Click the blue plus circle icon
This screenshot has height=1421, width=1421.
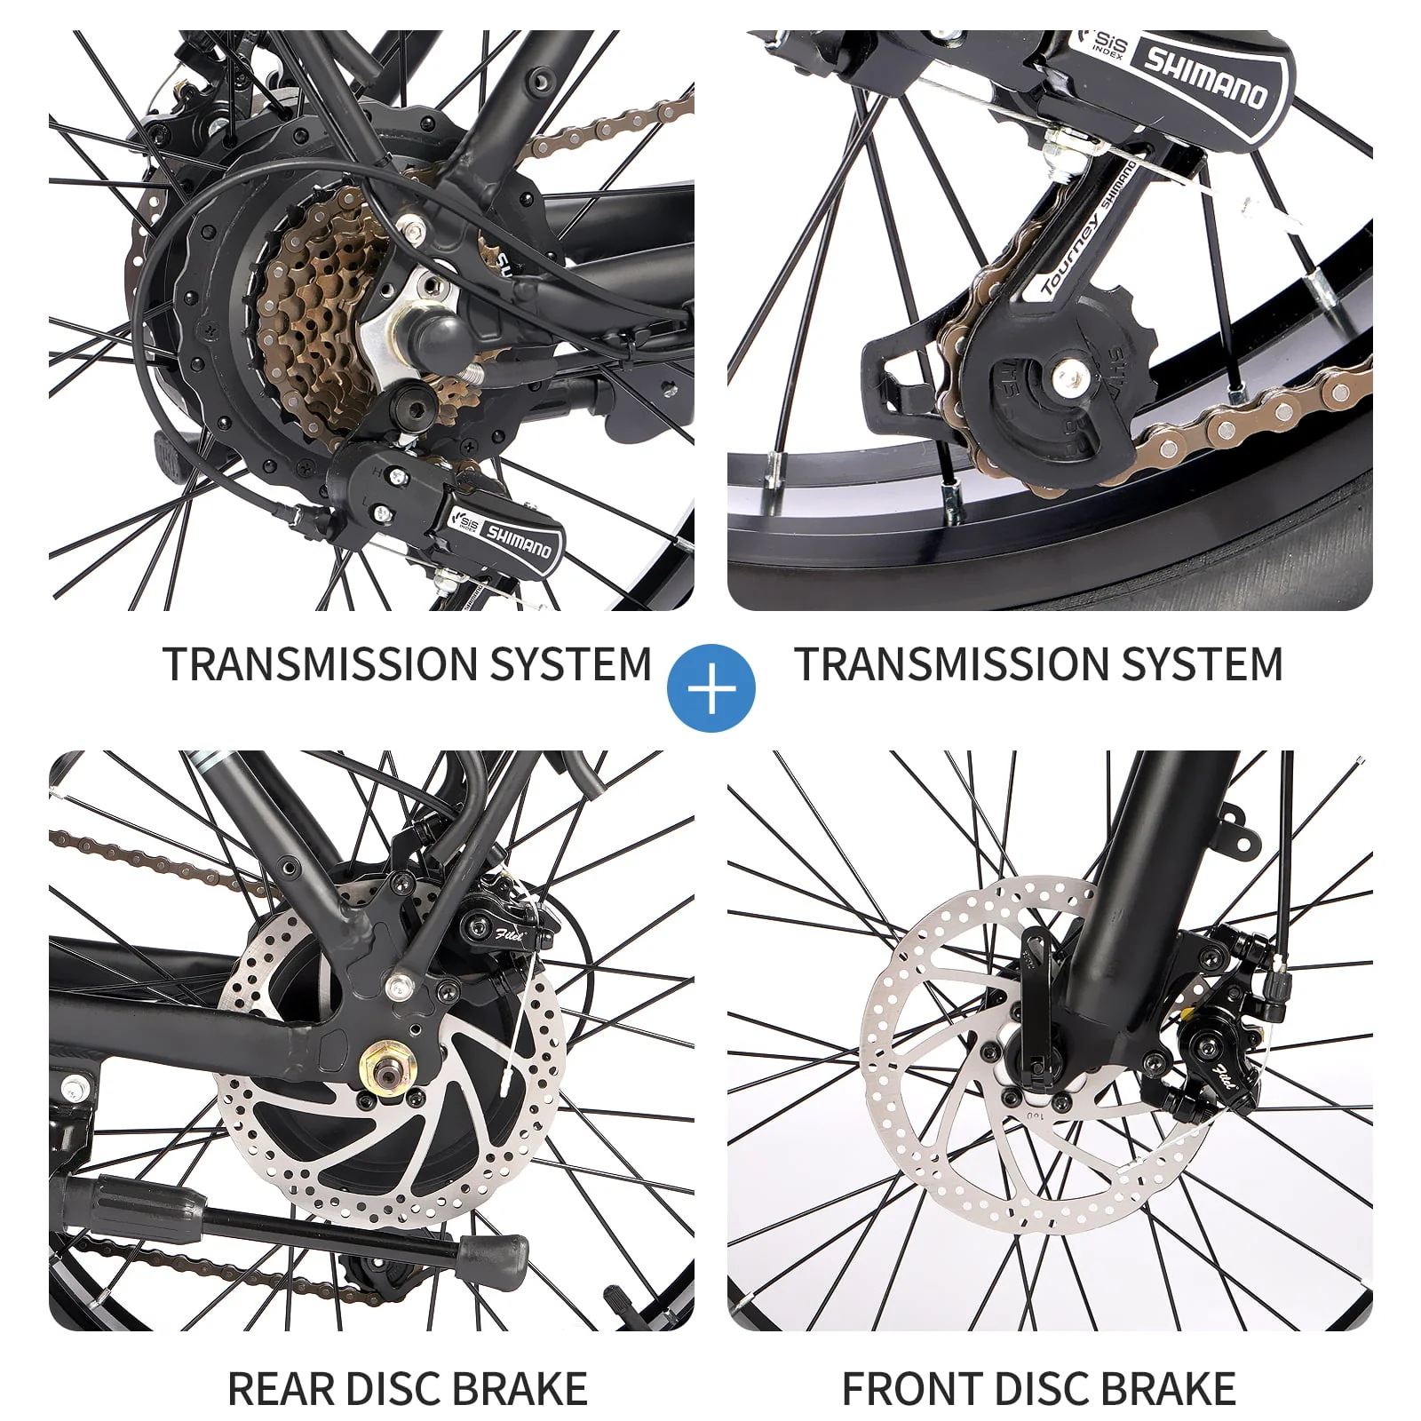point(711,688)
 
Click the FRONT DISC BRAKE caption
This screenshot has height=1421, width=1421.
point(1038,1389)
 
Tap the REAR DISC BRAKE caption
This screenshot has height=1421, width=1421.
point(408,1389)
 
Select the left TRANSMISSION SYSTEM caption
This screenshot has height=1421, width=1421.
point(408,664)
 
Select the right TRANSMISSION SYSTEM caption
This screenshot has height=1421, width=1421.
point(1038,664)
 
